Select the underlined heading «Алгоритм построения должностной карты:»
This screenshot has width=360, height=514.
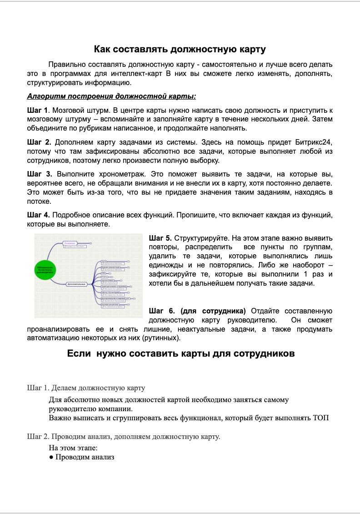tap(111, 96)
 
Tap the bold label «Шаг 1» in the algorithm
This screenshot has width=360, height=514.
tap(37, 110)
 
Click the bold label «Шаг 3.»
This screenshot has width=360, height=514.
tap(40, 174)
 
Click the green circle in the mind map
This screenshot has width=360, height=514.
tap(45, 269)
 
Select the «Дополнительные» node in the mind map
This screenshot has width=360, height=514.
tap(77, 284)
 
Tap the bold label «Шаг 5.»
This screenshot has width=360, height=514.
tap(160, 238)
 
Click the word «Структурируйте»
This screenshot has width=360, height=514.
tap(201, 238)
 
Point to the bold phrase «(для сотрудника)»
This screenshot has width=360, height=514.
tap(213, 311)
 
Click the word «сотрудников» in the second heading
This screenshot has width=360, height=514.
tap(264, 353)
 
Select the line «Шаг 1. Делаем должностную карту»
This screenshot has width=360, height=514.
tap(86, 388)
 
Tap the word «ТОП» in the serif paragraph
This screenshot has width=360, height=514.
tap(321, 418)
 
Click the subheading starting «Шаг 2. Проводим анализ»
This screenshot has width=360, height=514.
tap(124, 437)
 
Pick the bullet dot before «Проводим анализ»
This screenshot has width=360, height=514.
tap(51, 458)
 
